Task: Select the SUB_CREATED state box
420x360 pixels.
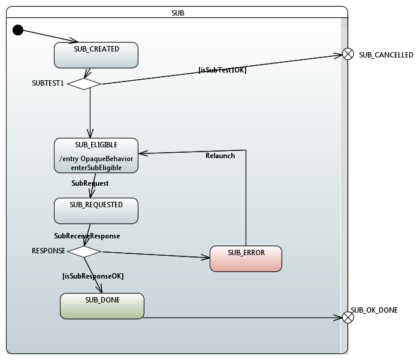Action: click(x=96, y=55)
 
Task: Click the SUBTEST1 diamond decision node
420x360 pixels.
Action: click(x=84, y=84)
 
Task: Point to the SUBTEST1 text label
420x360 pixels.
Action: click(x=48, y=84)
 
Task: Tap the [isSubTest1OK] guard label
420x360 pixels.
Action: click(x=222, y=70)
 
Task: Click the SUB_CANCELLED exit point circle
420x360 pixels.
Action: click(x=348, y=55)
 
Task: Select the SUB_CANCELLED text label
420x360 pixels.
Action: click(x=386, y=55)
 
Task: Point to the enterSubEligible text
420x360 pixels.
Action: click(x=96, y=168)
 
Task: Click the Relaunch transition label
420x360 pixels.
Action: click(x=220, y=156)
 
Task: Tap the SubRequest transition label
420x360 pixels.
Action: click(x=90, y=183)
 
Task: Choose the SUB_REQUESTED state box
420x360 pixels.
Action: click(x=96, y=211)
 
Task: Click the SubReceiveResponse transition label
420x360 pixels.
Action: click(x=87, y=236)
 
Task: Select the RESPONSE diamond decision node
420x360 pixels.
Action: click(x=84, y=252)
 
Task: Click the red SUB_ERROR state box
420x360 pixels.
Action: click(x=246, y=259)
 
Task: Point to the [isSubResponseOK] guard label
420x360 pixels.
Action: click(x=93, y=276)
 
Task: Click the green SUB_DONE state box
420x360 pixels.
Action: click(x=102, y=305)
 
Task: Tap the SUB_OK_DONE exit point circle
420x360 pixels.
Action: click(x=348, y=317)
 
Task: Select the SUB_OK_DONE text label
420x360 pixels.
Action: click(x=374, y=310)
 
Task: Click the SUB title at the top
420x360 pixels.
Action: click(x=177, y=12)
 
